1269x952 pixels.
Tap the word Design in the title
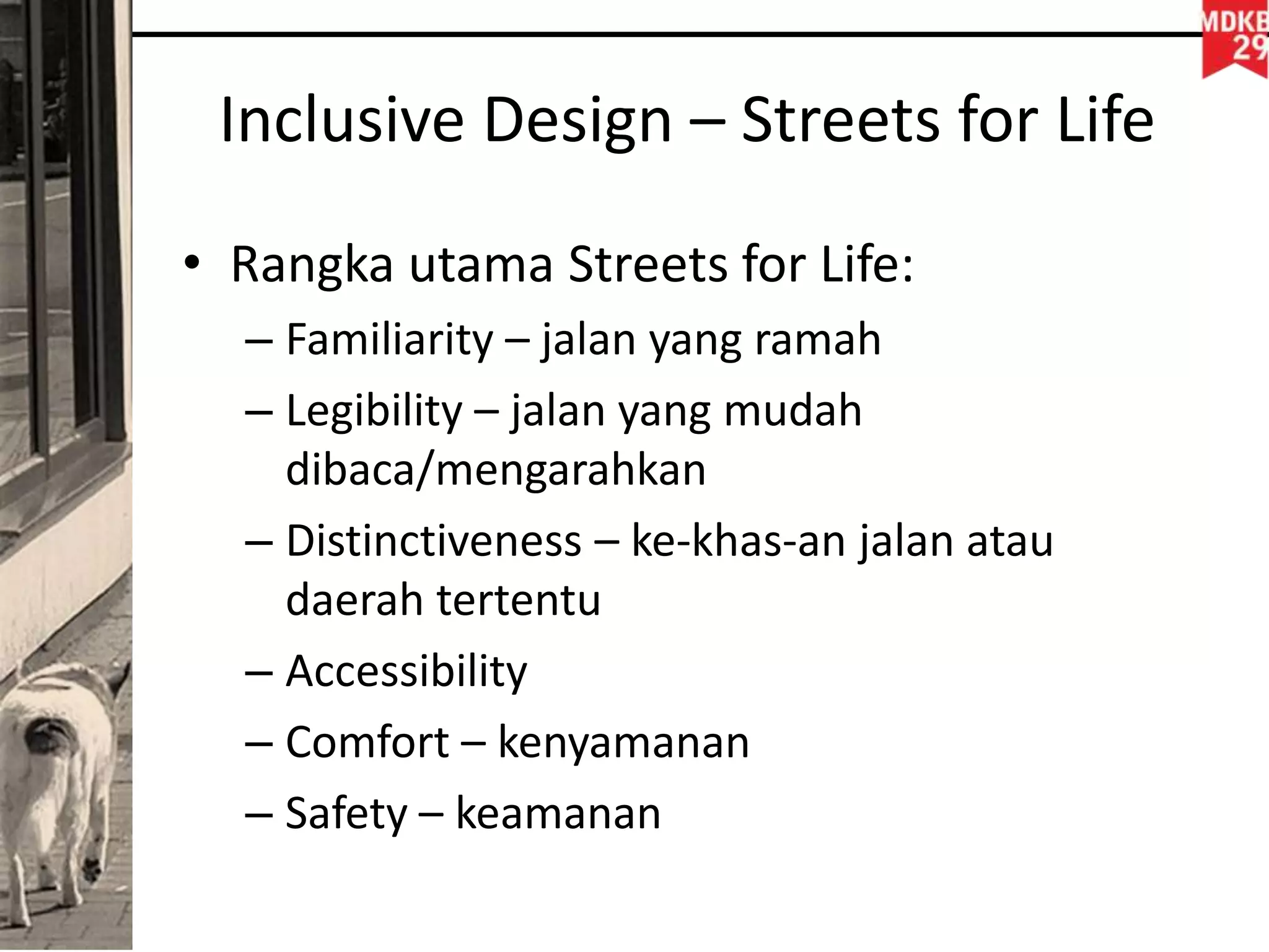pos(577,121)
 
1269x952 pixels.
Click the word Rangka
pos(311,265)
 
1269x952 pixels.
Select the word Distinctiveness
pos(433,541)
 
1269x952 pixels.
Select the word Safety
pos(346,813)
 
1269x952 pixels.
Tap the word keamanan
pos(558,813)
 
